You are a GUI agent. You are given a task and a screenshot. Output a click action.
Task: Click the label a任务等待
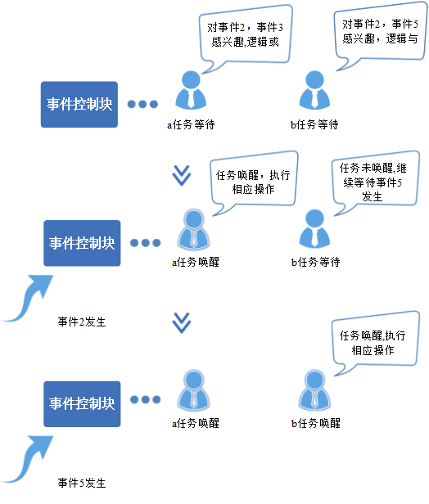click(x=191, y=124)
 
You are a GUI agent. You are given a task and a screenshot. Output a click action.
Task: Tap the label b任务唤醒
click(x=315, y=423)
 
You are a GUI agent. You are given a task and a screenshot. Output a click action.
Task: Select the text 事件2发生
click(x=82, y=322)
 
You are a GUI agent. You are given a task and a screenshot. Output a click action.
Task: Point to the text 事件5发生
click(x=82, y=483)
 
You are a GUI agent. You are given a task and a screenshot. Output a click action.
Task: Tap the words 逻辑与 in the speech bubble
click(x=402, y=39)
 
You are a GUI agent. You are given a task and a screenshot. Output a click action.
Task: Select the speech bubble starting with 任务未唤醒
click(x=375, y=182)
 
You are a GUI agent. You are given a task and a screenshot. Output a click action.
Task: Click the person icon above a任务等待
click(x=191, y=90)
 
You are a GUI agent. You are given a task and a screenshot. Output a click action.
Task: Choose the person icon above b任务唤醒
click(x=314, y=389)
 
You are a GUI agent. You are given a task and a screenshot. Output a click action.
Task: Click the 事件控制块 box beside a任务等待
click(x=79, y=105)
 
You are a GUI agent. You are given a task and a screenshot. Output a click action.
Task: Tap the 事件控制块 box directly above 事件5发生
click(x=82, y=404)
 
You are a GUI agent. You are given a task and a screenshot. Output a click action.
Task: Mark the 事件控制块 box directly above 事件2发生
click(x=82, y=243)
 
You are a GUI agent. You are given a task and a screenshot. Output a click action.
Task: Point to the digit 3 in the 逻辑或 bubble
click(x=281, y=28)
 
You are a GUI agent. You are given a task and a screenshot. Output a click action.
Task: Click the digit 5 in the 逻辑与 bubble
click(x=415, y=24)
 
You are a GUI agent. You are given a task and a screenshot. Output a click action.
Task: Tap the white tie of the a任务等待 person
click(x=191, y=99)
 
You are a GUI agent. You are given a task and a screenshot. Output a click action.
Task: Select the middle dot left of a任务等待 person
click(x=142, y=104)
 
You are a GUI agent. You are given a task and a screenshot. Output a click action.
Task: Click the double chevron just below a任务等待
click(x=182, y=175)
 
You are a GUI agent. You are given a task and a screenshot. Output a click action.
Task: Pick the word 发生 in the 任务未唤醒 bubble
click(x=372, y=196)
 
